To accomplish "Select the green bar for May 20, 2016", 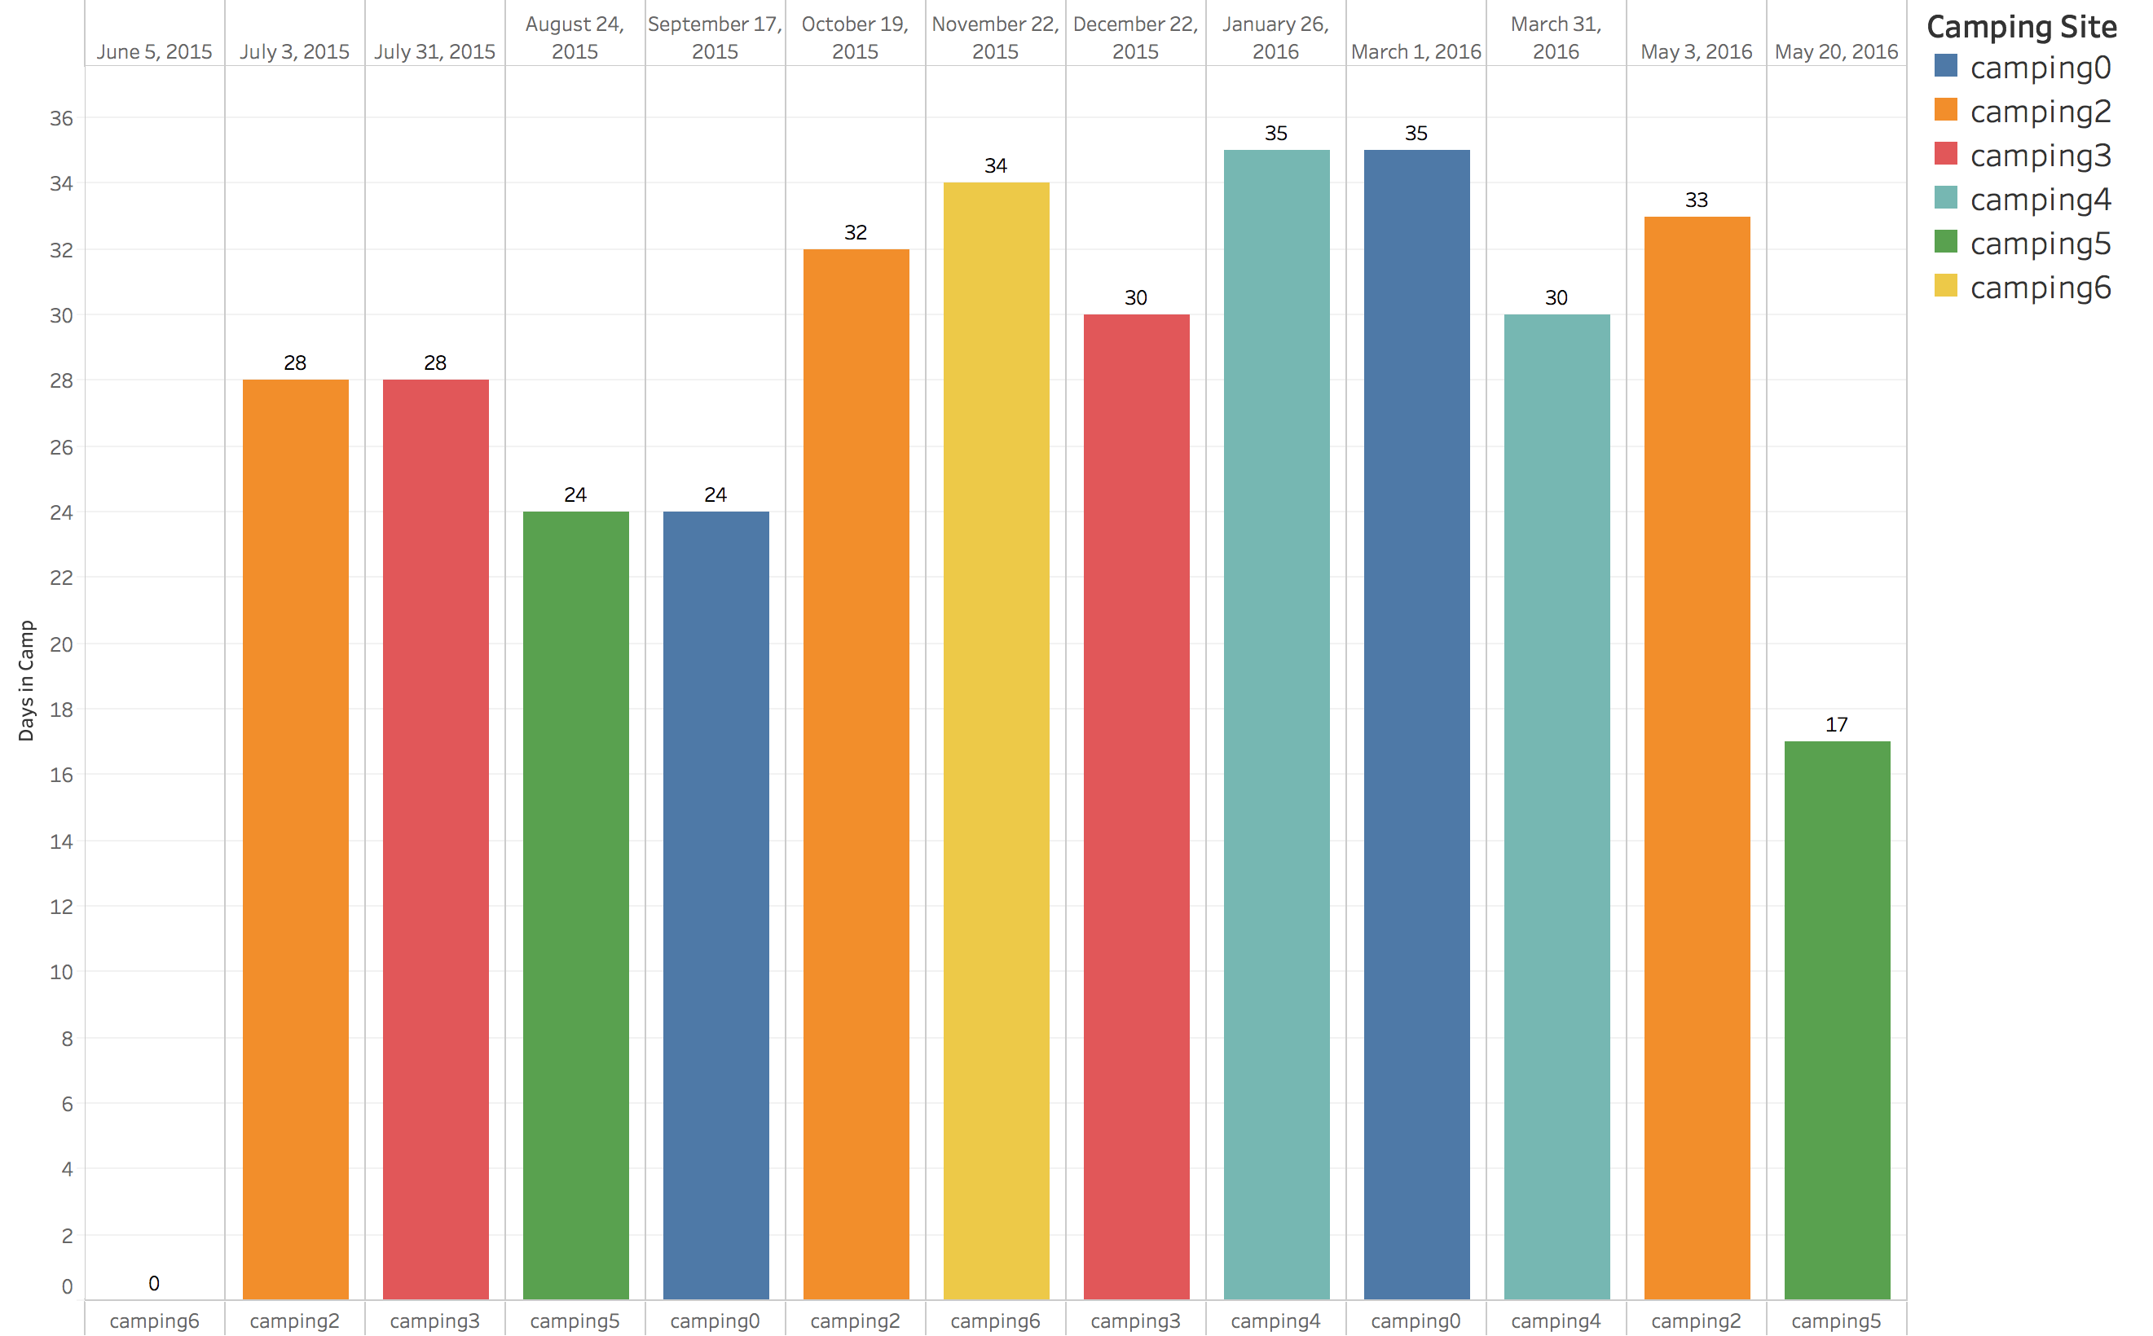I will pyautogui.click(x=1837, y=1020).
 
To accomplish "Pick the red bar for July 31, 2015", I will pyautogui.click(x=435, y=839).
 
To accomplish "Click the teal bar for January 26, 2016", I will pyautogui.click(x=1276, y=724).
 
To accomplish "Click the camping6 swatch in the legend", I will pyautogui.click(x=1945, y=286).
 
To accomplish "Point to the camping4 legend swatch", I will pyautogui.click(x=1945, y=198).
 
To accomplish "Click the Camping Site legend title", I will pyautogui.click(x=2020, y=27).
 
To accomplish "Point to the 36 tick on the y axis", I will pyautogui.click(x=61, y=118).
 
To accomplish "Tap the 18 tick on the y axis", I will pyautogui.click(x=61, y=710).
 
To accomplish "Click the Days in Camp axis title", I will pyautogui.click(x=27, y=680).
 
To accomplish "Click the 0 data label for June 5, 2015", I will pyautogui.click(x=154, y=1283).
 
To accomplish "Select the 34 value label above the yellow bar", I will pyautogui.click(x=996, y=166).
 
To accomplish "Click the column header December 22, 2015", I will pyautogui.click(x=1136, y=38).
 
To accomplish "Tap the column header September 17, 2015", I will pyautogui.click(x=715, y=38).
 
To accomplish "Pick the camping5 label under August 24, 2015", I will pyautogui.click(x=575, y=1321).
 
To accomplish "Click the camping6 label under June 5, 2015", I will pyautogui.click(x=154, y=1321).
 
